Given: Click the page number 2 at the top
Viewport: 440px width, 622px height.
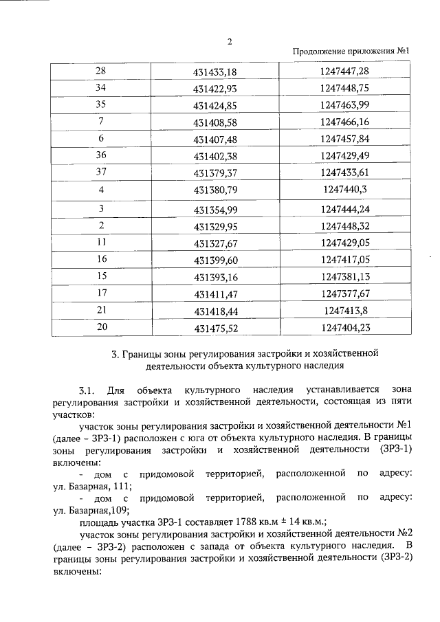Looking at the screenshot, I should pos(230,41).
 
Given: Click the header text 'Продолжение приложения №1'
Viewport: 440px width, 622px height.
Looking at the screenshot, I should pos(351,52).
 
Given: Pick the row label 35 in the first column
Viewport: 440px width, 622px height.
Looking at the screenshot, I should pos(101,104).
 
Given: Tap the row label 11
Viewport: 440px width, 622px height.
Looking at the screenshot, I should pos(101,243).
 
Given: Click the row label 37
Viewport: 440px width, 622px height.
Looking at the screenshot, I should pos(101,172).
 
